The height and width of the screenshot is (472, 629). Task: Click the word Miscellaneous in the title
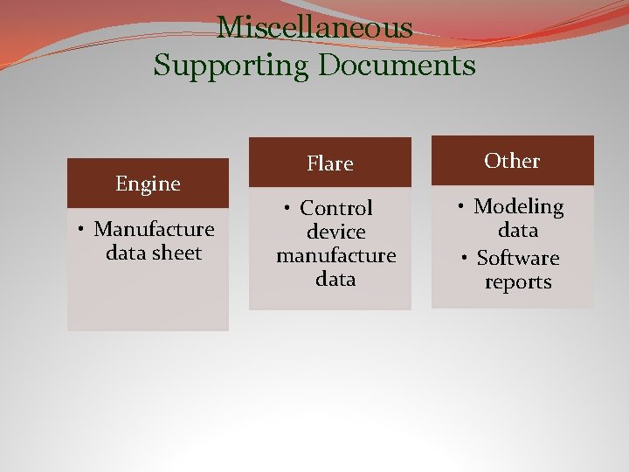pyautogui.click(x=314, y=28)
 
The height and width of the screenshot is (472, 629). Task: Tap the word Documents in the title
pyautogui.click(x=396, y=66)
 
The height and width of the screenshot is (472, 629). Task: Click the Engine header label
pyautogui.click(x=148, y=184)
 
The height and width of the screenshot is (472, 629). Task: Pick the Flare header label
pyautogui.click(x=329, y=163)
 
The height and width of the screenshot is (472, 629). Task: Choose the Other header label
pyautogui.click(x=512, y=161)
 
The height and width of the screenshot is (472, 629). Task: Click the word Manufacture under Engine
pyautogui.click(x=154, y=229)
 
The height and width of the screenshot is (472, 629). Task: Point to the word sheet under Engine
pyautogui.click(x=177, y=253)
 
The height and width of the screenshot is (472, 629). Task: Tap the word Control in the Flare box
pyautogui.click(x=336, y=208)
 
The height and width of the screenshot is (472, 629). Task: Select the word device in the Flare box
pyautogui.click(x=336, y=233)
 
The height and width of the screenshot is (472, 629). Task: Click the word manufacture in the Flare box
pyautogui.click(x=336, y=256)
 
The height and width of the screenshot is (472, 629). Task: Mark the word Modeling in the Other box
pyautogui.click(x=519, y=207)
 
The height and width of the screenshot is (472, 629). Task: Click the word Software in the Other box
pyautogui.click(x=518, y=259)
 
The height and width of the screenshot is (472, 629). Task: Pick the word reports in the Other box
pyautogui.click(x=518, y=282)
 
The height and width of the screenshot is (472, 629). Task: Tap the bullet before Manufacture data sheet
pyautogui.click(x=79, y=230)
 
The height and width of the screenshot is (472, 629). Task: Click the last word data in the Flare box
pyautogui.click(x=336, y=280)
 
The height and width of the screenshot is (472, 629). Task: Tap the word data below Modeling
pyautogui.click(x=518, y=231)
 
